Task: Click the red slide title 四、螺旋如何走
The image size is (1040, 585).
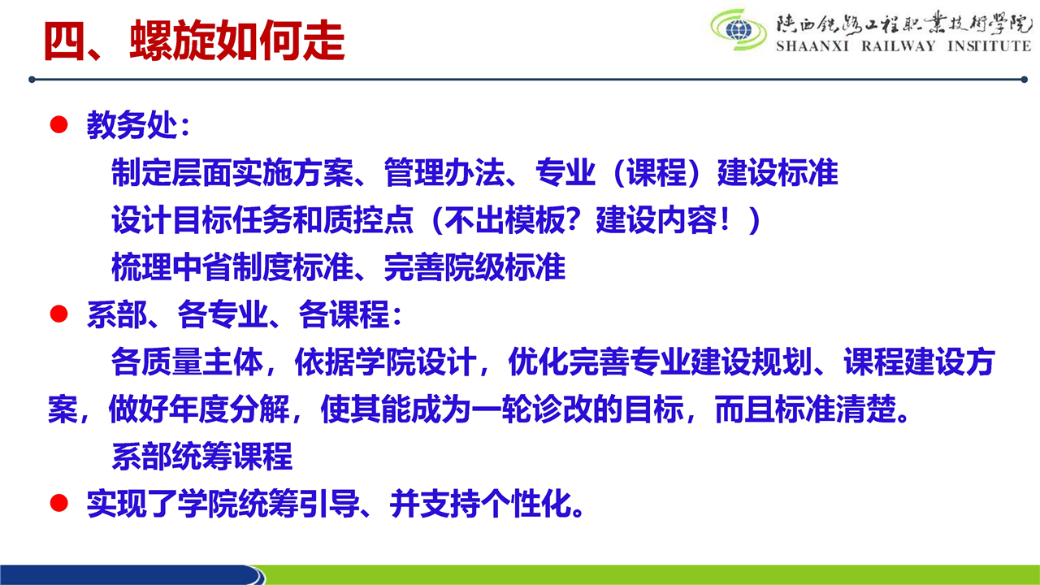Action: tap(194, 41)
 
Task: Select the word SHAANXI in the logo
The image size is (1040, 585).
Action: tap(812, 46)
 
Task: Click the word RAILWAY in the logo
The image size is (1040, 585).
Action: tap(899, 46)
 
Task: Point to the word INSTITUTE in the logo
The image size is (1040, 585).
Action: tap(990, 46)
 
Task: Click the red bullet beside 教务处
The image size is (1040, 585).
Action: tap(59, 124)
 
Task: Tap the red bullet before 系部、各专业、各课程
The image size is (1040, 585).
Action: tap(59, 314)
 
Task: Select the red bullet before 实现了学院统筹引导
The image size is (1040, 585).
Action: tap(59, 503)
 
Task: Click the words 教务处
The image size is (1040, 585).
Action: tap(132, 125)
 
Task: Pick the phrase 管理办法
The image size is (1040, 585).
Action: tap(444, 172)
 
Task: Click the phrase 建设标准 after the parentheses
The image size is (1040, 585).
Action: tap(778, 172)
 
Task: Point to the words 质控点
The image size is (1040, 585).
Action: tap(368, 219)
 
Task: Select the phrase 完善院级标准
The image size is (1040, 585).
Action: tap(475, 267)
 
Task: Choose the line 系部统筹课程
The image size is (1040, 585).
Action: tap(202, 457)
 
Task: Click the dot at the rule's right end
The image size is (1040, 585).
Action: tap(1024, 80)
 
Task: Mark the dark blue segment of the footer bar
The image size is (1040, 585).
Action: tap(130, 574)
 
